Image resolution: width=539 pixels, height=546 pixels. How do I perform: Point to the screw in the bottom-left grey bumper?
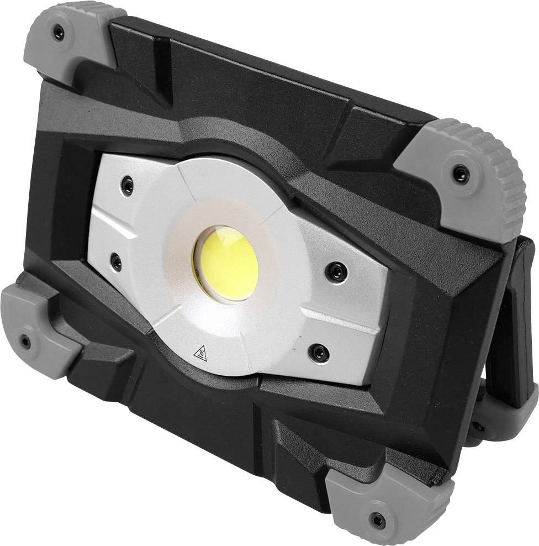25,342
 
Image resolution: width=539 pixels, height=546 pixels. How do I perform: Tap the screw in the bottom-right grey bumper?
377,518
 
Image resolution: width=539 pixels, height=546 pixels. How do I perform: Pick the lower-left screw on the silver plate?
117,262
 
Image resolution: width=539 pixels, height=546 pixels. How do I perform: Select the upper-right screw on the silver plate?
335,271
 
